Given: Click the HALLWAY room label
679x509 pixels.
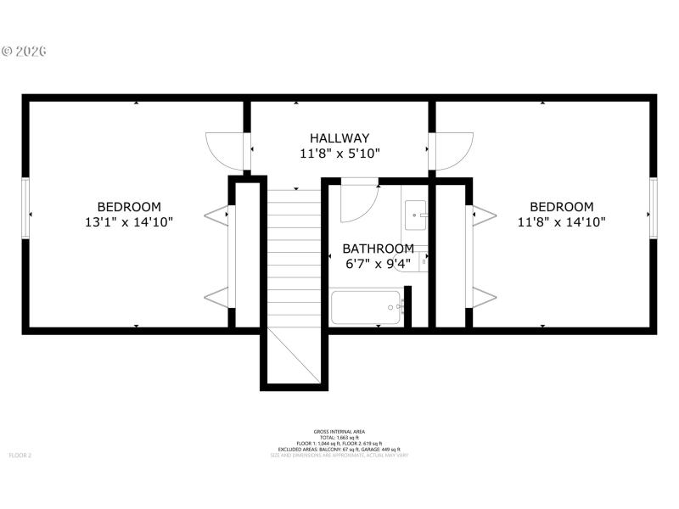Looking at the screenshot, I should pos(339,138).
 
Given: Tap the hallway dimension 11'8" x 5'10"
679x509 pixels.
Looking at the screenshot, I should pos(339,154).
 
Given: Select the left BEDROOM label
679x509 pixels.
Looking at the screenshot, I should pos(129,207).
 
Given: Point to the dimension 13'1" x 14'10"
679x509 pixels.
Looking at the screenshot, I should pos(129,223).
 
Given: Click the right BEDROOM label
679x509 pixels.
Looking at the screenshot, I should pos(562,207).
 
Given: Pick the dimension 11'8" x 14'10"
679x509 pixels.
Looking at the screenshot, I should pos(562,223).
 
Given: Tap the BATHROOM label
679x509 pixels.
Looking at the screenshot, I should pos(379,249).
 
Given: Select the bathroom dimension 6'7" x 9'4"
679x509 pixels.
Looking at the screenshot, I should pos(379,264).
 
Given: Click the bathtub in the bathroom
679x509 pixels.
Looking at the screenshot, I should pos(365,307).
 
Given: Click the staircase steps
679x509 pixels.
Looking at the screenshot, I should pos(294,255).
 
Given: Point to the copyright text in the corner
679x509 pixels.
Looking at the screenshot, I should pos(24,51).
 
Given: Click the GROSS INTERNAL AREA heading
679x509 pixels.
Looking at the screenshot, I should pos(339,432).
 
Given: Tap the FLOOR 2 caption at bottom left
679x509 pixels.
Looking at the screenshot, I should pos(20,456).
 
